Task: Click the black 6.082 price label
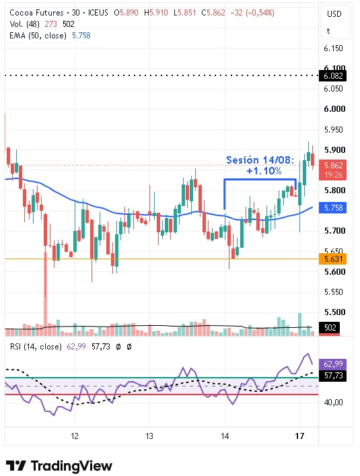(x=332, y=76)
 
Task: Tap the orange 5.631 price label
(x=332, y=259)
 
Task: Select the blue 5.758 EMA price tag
(x=332, y=207)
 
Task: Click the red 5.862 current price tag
(x=332, y=170)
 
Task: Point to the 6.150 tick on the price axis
(x=333, y=48)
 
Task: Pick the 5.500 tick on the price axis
(x=334, y=312)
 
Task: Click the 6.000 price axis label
(x=334, y=108)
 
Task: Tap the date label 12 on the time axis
(x=75, y=436)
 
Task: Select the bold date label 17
(x=299, y=436)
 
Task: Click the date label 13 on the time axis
(x=149, y=436)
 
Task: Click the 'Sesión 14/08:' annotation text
(x=260, y=160)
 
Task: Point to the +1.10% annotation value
(x=264, y=171)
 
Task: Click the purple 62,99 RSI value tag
(x=333, y=364)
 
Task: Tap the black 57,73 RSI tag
(x=333, y=376)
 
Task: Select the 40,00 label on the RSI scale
(x=333, y=402)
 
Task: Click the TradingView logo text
(x=71, y=466)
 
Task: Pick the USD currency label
(x=334, y=14)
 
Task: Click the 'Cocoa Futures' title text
(x=36, y=13)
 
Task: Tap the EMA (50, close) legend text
(x=38, y=36)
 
